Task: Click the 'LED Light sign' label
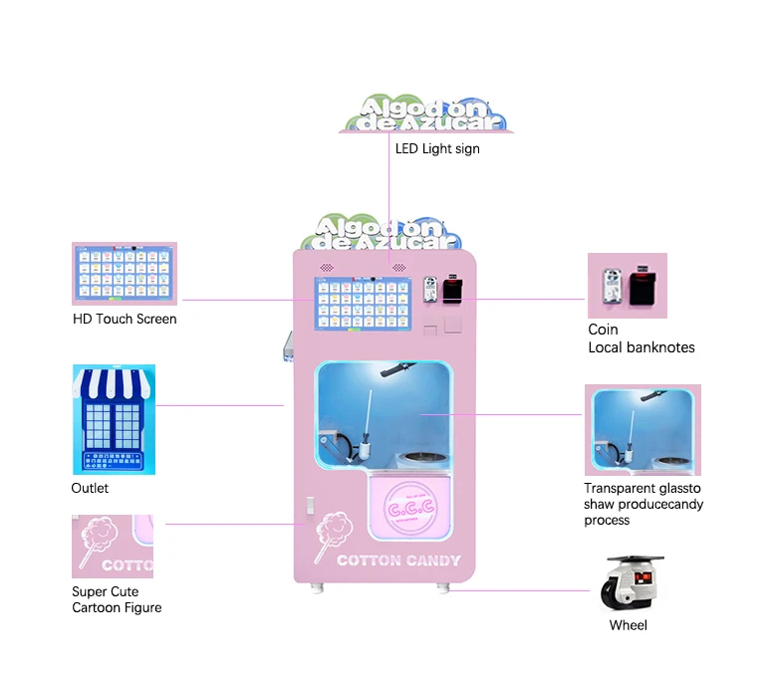point(437,149)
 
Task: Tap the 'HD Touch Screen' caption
point(125,320)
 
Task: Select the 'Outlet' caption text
point(90,489)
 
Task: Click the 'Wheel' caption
point(628,625)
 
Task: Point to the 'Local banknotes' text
point(641,347)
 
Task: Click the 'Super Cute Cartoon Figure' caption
point(116,599)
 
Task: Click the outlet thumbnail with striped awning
point(114,419)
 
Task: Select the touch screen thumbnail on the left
point(124,274)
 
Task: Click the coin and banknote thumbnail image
point(627,286)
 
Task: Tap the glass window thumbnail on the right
point(642,430)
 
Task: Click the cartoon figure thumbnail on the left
point(112,546)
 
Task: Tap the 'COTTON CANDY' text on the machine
point(398,561)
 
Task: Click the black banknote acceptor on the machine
point(453,293)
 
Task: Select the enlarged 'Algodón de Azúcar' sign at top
point(428,114)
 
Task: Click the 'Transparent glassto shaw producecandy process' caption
point(643,504)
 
